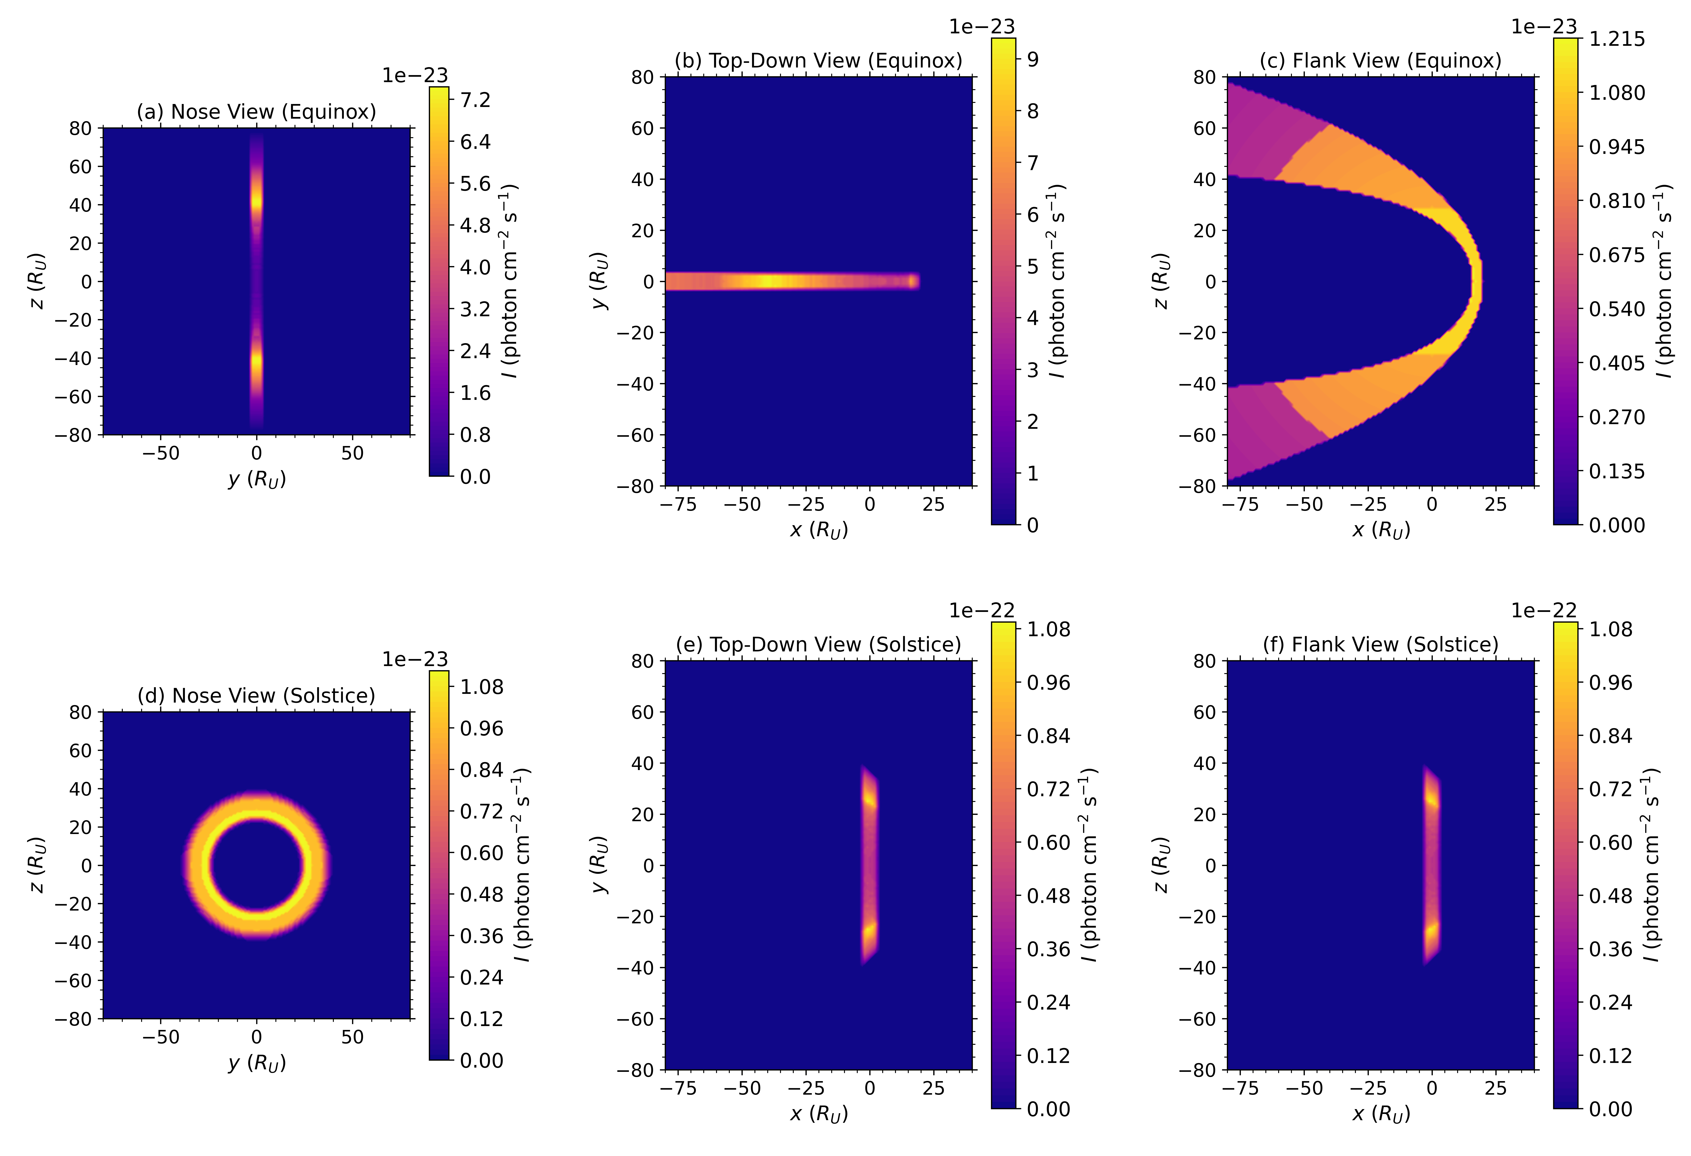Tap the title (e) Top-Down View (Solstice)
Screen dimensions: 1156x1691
[x=818, y=645]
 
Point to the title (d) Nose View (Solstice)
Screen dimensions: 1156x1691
[x=256, y=696]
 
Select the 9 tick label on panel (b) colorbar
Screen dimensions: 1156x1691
[x=1032, y=60]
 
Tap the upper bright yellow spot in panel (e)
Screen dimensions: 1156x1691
[x=869, y=801]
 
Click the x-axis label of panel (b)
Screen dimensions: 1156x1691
[x=819, y=530]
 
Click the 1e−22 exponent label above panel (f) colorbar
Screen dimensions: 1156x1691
[x=1543, y=610]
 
